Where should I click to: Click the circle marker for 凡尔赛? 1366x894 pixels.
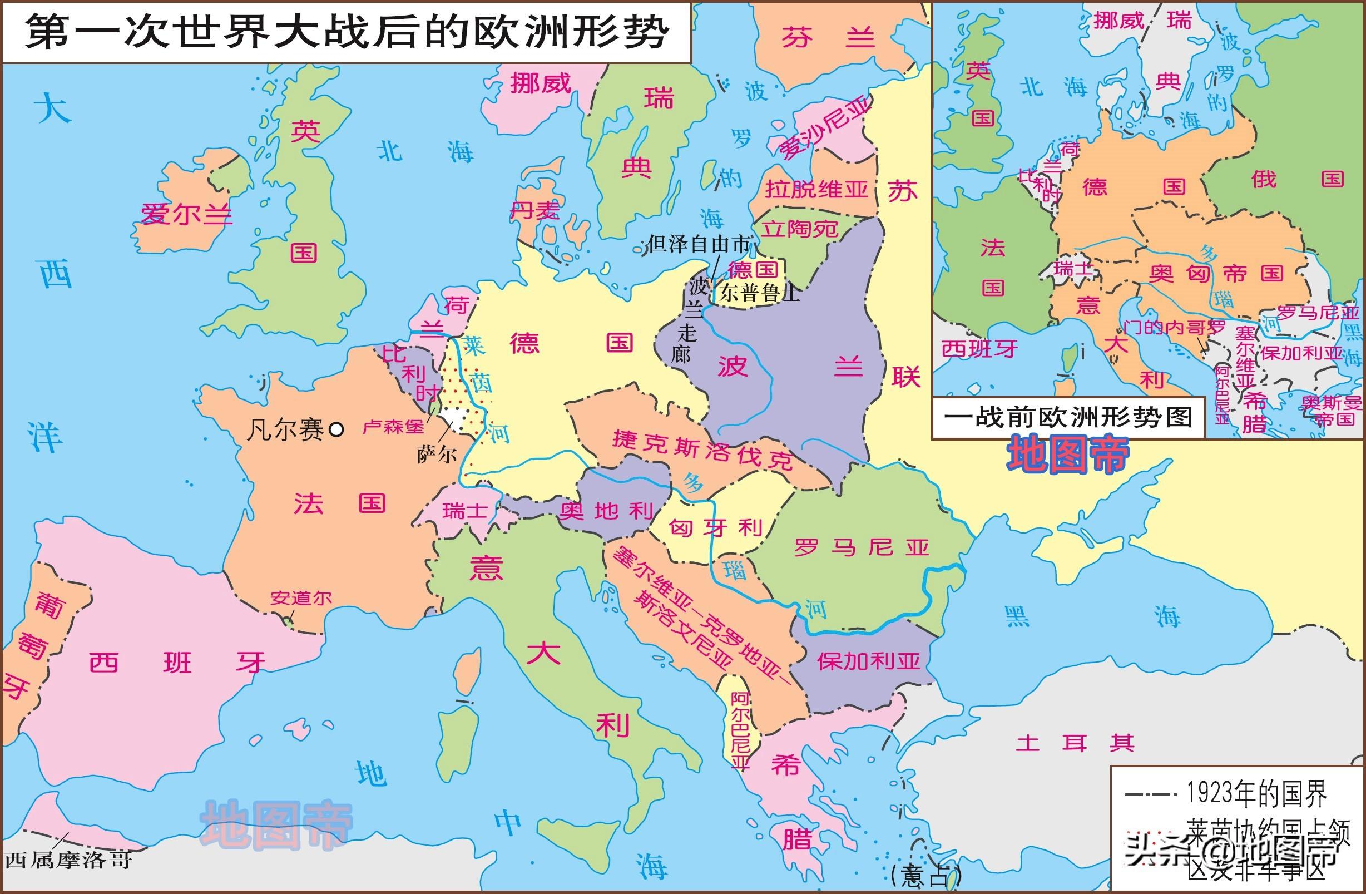click(x=338, y=429)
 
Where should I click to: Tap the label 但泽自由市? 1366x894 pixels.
click(x=699, y=245)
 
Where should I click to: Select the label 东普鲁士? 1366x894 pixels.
click(x=759, y=293)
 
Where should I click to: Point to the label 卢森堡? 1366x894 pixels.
click(x=393, y=427)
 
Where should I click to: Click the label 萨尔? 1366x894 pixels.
click(x=437, y=455)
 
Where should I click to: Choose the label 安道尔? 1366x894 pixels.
click(x=301, y=599)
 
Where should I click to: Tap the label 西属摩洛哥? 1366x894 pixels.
click(x=68, y=860)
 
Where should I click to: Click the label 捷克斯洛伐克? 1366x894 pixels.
click(x=702, y=448)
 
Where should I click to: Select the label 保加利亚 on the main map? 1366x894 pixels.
click(x=868, y=661)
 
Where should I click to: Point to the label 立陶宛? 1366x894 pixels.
click(x=800, y=230)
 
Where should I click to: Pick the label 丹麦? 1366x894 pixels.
click(x=534, y=211)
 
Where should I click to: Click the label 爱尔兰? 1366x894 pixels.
click(x=186, y=215)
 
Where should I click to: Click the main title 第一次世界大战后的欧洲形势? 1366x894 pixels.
click(x=347, y=32)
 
